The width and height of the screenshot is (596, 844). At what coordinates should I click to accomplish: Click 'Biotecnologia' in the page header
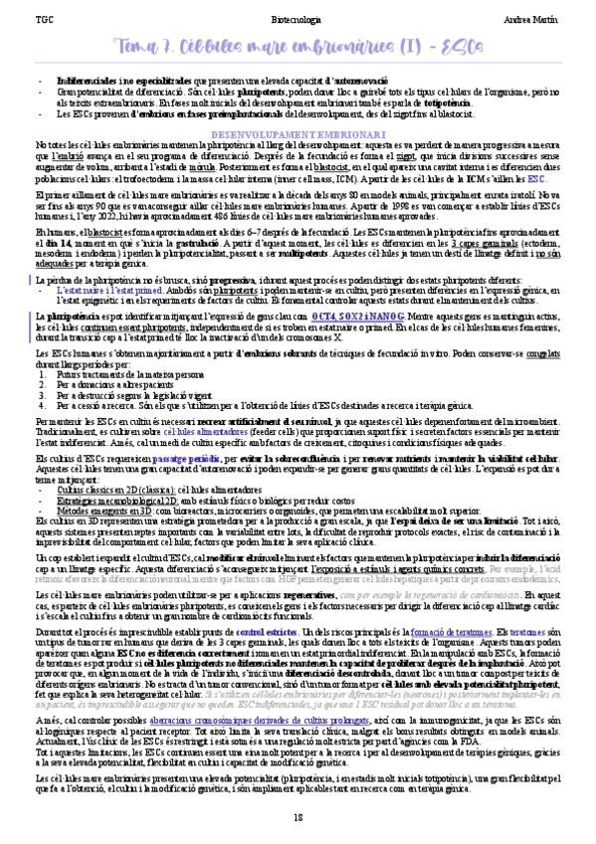[297, 20]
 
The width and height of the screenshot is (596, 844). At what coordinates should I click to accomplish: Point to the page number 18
[298, 817]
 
